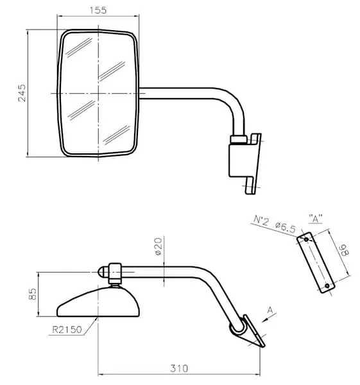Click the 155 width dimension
click(98, 10)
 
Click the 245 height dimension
click(22, 93)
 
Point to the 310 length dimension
click(179, 368)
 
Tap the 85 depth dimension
click(33, 294)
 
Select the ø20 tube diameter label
click(159, 246)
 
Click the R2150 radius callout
click(67, 330)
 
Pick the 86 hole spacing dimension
click(344, 250)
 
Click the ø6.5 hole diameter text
click(286, 227)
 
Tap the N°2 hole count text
click(261, 220)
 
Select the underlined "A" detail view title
click(315, 219)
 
